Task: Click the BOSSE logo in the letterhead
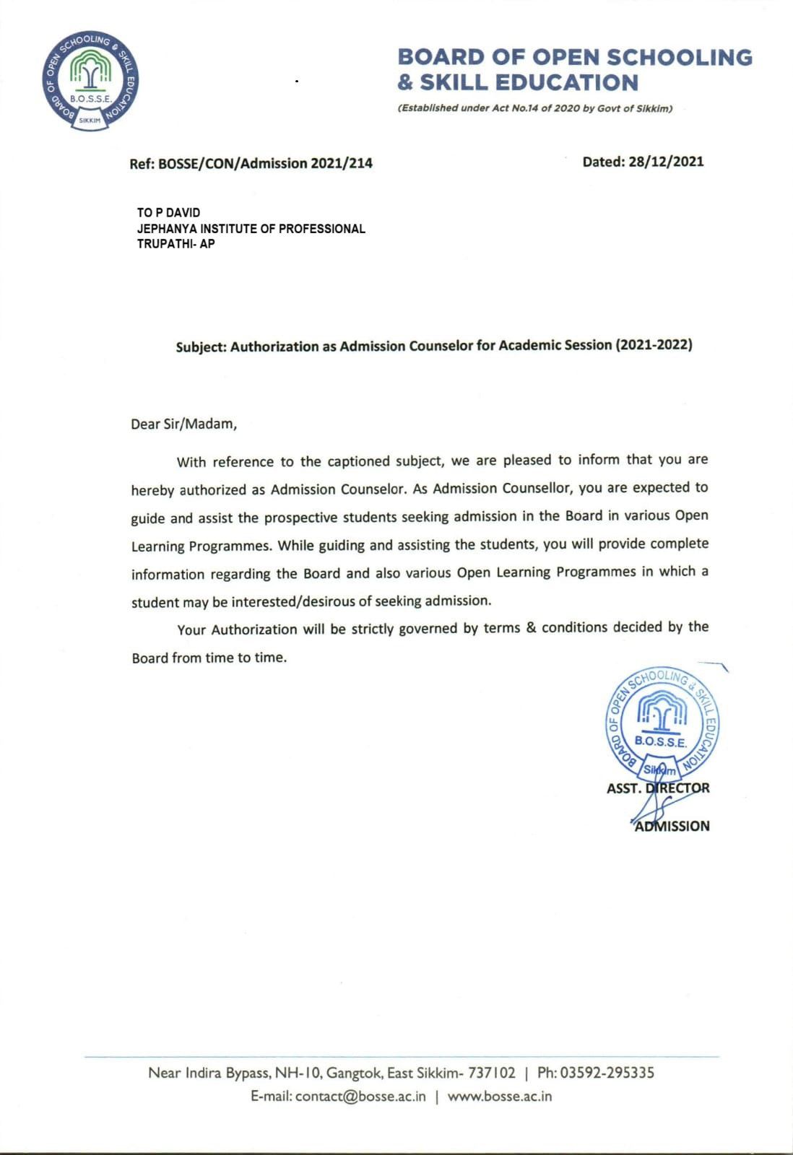90,82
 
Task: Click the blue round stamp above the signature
662,723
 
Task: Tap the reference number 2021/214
342,163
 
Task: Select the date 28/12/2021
665,162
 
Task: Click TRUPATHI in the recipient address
165,244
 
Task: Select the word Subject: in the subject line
201,347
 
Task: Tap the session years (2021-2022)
654,344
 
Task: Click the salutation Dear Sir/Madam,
183,424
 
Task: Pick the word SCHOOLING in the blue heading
679,57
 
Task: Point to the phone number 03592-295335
607,1073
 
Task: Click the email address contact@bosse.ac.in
360,1097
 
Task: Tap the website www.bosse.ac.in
500,1097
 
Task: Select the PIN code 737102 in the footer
492,1073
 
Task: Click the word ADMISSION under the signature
672,827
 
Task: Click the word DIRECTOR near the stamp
677,788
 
